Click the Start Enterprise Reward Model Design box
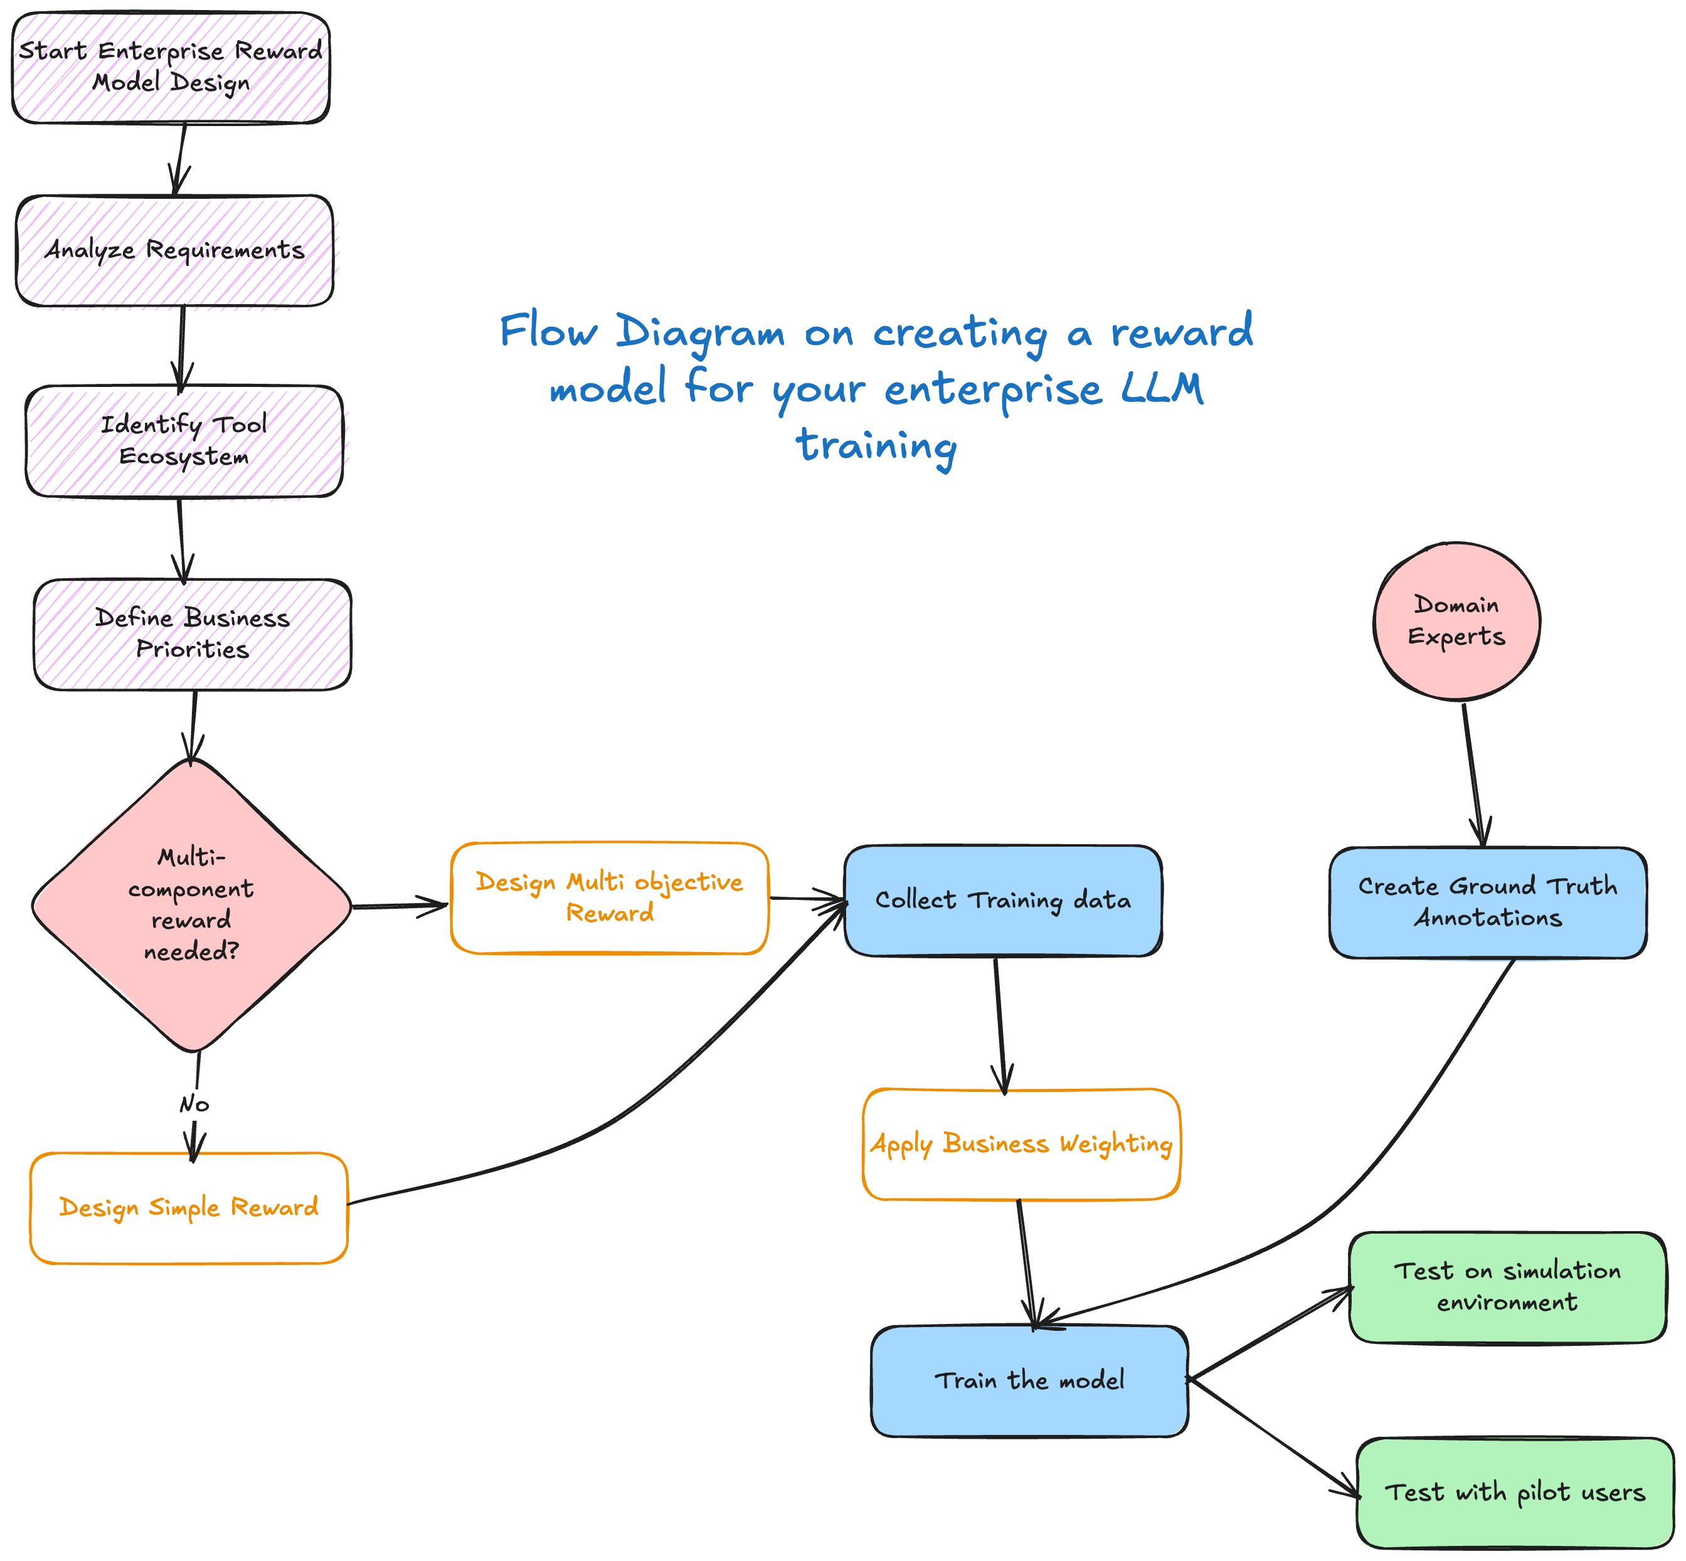pos(171,68)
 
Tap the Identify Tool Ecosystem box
pos(184,441)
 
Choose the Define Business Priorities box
pos(193,634)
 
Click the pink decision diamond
pos(192,904)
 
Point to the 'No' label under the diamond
pos(194,1104)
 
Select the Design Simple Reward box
pos(188,1208)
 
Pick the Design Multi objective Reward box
pos(609,898)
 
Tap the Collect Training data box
pos(1003,901)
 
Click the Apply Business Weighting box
pos(1021,1144)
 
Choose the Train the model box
pos(1029,1381)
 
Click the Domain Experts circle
pos(1456,621)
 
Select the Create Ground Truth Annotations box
pos(1488,902)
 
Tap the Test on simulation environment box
pos(1507,1286)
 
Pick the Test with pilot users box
pos(1515,1493)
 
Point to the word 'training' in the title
pos(877,446)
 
